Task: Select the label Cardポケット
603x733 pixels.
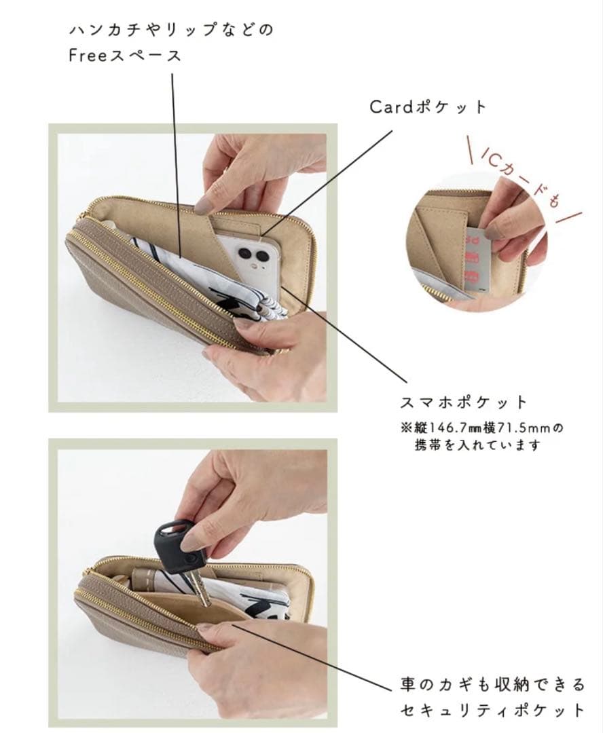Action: [428, 107]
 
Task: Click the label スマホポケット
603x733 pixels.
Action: [464, 402]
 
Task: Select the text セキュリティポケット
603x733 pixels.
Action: [492, 710]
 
